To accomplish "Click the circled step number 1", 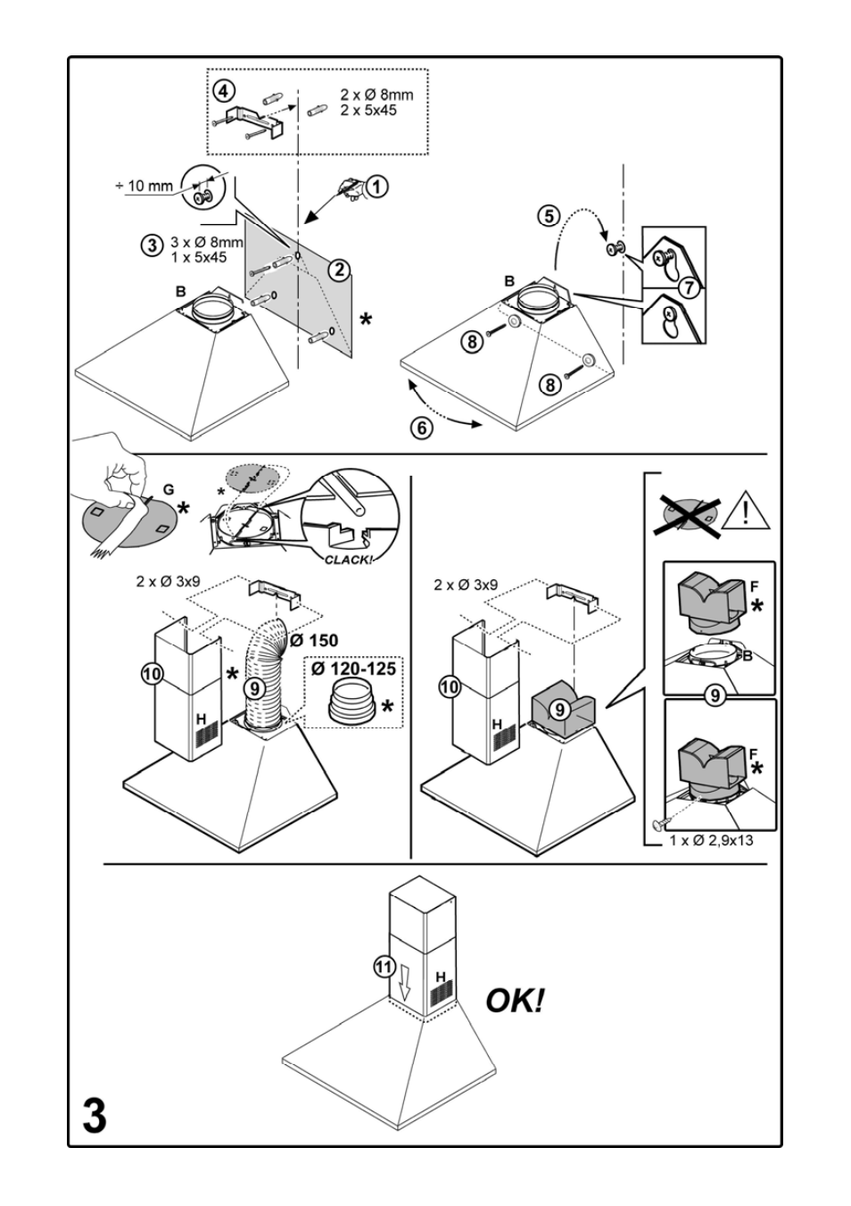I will point(378,187).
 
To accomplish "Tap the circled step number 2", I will point(337,269).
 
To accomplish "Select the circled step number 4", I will point(224,91).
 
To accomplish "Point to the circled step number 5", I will point(549,216).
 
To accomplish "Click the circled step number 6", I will point(421,428).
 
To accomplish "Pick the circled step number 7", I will point(688,287).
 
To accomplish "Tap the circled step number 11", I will point(384,965).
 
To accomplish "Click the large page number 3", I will point(95,1116).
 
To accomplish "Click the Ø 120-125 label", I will point(352,668).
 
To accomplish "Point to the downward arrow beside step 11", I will point(405,985).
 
